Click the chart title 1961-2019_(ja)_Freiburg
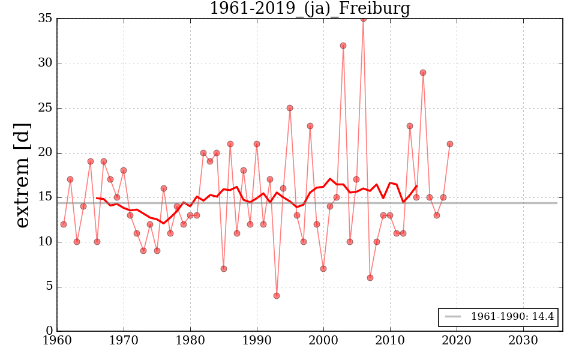[x=310, y=9]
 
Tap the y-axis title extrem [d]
[x=22, y=175]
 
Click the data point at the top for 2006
[x=363, y=19]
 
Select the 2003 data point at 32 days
[x=343, y=46]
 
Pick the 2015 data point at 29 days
[x=423, y=73]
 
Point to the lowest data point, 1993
[x=277, y=295]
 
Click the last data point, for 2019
[x=450, y=144]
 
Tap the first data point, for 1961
[x=64, y=224]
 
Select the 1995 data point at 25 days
[x=290, y=108]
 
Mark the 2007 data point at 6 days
[x=370, y=277]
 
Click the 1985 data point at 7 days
[x=223, y=269]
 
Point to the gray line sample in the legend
[x=454, y=317]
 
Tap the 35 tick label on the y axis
[x=44, y=19]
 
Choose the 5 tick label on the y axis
[x=48, y=287]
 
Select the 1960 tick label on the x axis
[x=57, y=340]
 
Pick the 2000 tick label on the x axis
[x=323, y=340]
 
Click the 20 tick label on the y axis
[x=44, y=153]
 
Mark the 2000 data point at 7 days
[x=323, y=269]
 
